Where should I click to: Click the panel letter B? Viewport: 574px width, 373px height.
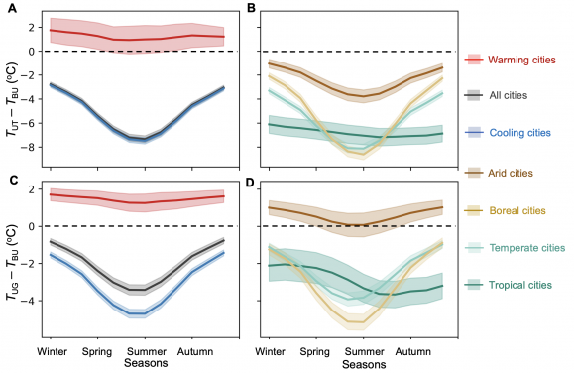[x=250, y=8]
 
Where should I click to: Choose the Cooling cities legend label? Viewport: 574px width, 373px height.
[x=522, y=132]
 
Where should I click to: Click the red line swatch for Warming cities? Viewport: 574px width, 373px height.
[x=473, y=60]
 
